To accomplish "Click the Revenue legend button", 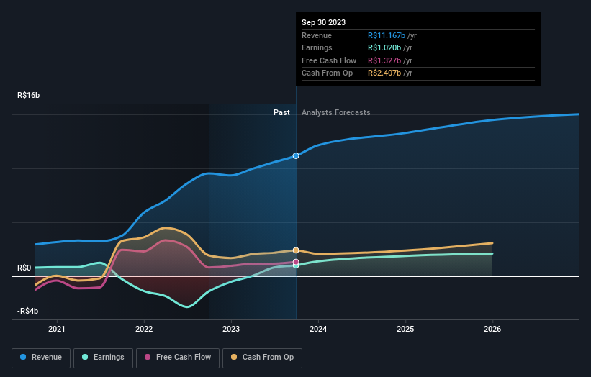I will pyautogui.click(x=41, y=357).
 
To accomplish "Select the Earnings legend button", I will pyautogui.click(x=103, y=357).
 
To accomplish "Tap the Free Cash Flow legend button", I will pyautogui.click(x=177, y=357).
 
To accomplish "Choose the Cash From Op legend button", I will pyautogui.click(x=262, y=357).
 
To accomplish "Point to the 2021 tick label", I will pyautogui.click(x=57, y=329).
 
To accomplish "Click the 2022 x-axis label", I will pyautogui.click(x=144, y=329).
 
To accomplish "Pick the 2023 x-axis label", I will pyautogui.click(x=231, y=329).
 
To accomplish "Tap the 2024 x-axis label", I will pyautogui.click(x=318, y=329).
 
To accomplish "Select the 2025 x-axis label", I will pyautogui.click(x=405, y=329).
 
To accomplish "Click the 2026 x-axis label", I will pyautogui.click(x=492, y=329).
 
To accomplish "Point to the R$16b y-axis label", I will pyautogui.click(x=30, y=95).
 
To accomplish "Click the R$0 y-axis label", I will pyautogui.click(x=25, y=268).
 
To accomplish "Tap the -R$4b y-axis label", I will pyautogui.click(x=29, y=311).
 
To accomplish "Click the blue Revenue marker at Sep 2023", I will pyautogui.click(x=296, y=155).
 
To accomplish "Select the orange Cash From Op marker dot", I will pyautogui.click(x=296, y=250).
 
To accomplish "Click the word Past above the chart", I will pyautogui.click(x=281, y=112).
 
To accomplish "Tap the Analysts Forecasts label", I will pyautogui.click(x=336, y=112).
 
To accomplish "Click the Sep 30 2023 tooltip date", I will pyautogui.click(x=323, y=22).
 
